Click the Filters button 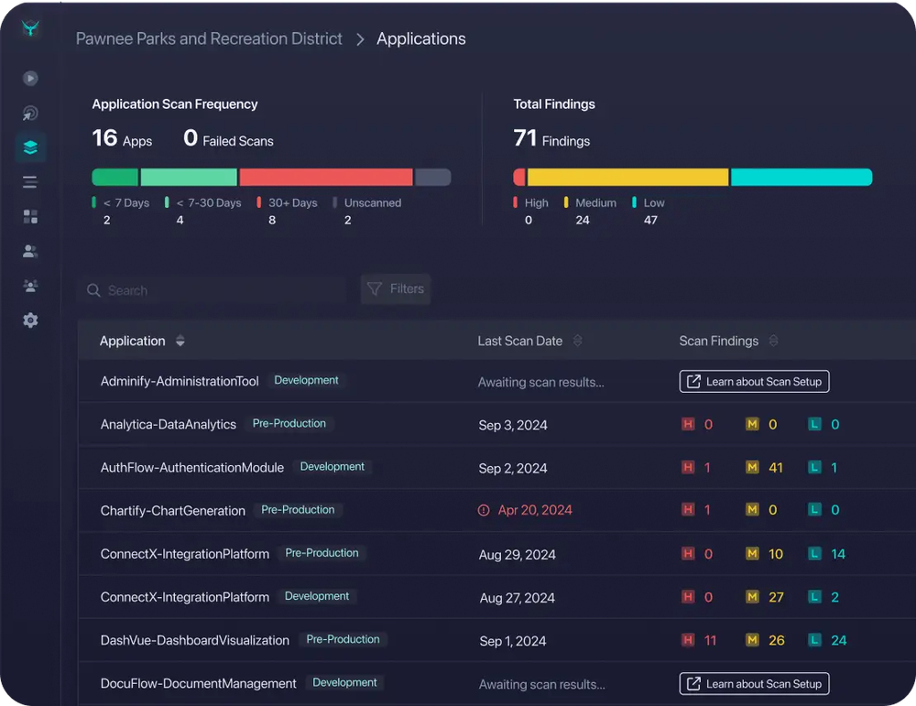[396, 289]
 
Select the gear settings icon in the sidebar [30, 320]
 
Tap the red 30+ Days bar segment [325, 178]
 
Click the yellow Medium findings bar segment [627, 178]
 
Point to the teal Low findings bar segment [801, 178]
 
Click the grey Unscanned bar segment [432, 178]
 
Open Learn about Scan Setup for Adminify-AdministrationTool [754, 382]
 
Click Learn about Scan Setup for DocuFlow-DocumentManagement [754, 684]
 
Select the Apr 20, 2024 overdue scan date [534, 511]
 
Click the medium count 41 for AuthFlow [776, 468]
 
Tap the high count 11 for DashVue [710, 641]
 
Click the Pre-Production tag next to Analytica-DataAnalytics [289, 424]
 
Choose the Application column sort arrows [180, 342]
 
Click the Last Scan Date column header [519, 342]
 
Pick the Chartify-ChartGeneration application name [173, 511]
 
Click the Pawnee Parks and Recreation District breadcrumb [209, 38]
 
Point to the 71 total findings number [525, 138]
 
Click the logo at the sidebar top [31, 29]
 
